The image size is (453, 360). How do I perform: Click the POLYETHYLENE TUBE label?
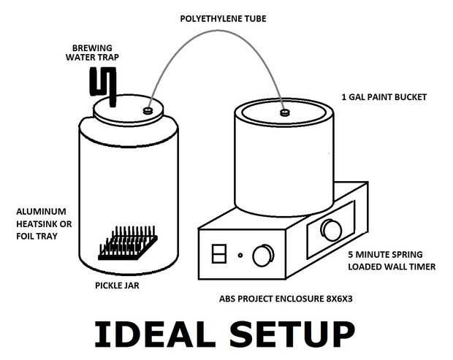click(223, 19)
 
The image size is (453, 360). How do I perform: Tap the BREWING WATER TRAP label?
click(92, 53)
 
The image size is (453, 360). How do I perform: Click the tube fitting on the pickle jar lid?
click(148, 110)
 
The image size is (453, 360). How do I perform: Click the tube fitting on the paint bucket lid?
click(285, 112)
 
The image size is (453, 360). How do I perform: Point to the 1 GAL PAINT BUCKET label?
click(384, 97)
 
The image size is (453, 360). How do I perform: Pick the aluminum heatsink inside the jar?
click(128, 243)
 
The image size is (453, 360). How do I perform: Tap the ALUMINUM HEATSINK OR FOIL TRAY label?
click(44, 223)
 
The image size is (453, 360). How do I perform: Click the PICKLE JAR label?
click(117, 286)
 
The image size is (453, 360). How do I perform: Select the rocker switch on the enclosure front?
click(219, 254)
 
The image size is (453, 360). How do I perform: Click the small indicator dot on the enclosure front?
click(240, 255)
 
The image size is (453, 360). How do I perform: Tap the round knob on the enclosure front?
click(263, 256)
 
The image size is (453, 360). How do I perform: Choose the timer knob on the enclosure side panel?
click(331, 230)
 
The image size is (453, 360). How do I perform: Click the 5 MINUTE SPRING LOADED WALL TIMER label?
click(392, 261)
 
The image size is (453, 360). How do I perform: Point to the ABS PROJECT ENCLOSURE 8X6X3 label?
click(286, 299)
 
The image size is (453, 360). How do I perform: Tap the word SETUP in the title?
click(292, 334)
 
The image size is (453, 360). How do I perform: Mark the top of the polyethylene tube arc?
click(220, 29)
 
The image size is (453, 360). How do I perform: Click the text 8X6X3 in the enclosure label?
click(339, 299)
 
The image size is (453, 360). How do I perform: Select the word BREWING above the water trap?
click(92, 48)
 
